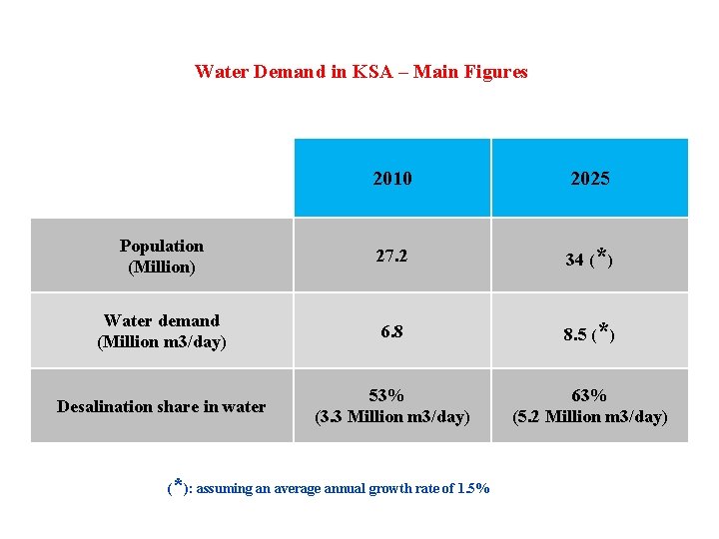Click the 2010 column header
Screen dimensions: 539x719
click(391, 180)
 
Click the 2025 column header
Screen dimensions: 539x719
click(589, 180)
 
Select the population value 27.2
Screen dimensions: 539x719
click(391, 257)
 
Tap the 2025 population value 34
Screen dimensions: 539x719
click(574, 261)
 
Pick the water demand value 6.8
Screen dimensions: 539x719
click(391, 332)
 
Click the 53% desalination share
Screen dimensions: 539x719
click(391, 395)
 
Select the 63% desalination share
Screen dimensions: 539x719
click(589, 395)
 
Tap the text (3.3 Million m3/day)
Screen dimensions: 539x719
click(391, 417)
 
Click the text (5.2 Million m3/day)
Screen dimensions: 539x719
click(589, 417)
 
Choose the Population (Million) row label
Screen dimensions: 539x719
click(161, 257)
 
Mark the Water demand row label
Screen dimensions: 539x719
click(161, 331)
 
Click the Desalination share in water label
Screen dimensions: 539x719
click(161, 406)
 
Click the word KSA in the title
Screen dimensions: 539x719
click(373, 72)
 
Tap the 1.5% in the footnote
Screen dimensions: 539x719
click(472, 489)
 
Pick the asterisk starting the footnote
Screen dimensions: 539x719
click(178, 485)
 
